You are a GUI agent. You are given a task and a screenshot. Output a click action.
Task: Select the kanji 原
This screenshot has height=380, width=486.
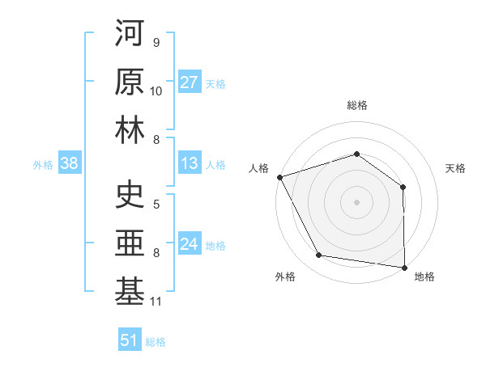tap(130, 81)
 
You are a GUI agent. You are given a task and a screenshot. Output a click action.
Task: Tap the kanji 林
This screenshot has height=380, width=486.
tap(130, 129)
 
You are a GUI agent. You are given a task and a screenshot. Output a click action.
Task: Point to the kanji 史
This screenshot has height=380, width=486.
tap(130, 194)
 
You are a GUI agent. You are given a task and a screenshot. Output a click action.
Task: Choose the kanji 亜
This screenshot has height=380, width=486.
tap(130, 243)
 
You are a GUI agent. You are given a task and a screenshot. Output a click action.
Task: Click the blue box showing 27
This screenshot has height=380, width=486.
tap(189, 82)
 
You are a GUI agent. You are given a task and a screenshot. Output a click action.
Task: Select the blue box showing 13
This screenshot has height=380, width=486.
tap(189, 163)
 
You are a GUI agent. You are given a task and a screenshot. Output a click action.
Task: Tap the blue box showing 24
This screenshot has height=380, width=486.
tap(189, 244)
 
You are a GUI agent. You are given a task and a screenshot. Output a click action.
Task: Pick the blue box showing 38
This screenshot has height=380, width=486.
tap(69, 163)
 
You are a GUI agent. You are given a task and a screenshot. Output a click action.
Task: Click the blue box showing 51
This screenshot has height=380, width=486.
tap(129, 340)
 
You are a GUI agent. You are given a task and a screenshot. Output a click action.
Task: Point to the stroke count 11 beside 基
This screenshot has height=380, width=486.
tap(156, 302)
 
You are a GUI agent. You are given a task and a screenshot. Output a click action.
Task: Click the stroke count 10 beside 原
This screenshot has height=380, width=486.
tap(156, 91)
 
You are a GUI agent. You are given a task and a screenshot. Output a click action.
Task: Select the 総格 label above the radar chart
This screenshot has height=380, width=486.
tap(356, 105)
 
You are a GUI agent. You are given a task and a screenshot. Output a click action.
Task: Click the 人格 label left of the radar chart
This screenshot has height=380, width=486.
tap(259, 167)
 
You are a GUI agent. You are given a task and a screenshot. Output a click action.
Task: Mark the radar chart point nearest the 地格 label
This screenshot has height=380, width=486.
tap(404, 267)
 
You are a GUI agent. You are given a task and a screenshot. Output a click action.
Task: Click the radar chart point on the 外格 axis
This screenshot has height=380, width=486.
tap(319, 255)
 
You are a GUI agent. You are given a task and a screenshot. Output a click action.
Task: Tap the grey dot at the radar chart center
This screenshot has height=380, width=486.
tap(356, 202)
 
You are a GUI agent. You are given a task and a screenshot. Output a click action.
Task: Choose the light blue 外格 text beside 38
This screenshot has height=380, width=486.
tap(43, 164)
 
